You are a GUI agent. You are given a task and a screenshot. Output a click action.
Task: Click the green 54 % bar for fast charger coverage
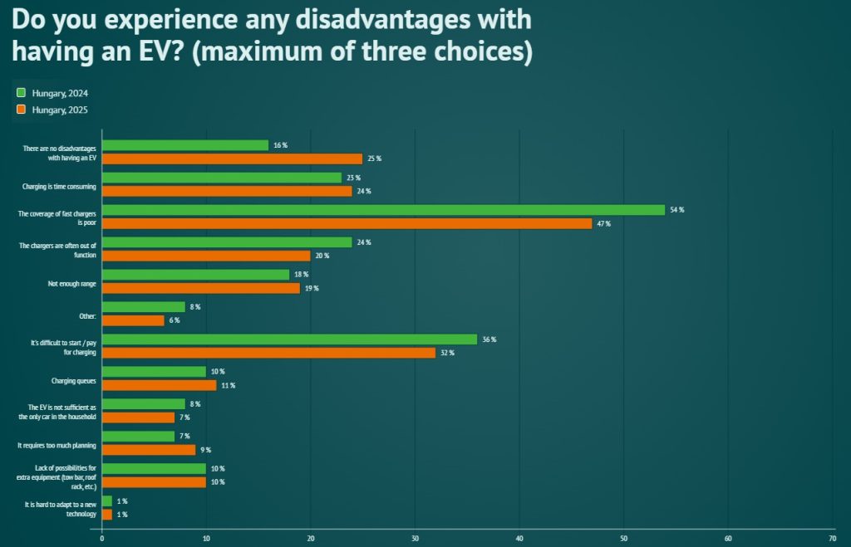(x=383, y=210)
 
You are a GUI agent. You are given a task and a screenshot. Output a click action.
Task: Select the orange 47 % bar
(x=347, y=223)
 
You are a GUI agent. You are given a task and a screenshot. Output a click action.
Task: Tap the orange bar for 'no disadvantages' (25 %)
(x=232, y=159)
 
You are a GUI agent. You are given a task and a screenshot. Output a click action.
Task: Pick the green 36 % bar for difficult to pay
(x=289, y=339)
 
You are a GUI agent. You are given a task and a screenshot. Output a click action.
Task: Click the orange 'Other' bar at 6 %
(x=133, y=320)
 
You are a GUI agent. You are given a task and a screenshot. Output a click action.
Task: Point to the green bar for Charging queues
(x=154, y=372)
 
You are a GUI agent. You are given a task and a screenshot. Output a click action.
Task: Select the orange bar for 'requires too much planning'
(x=149, y=450)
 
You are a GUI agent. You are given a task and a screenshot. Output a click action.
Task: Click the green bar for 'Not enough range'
(x=195, y=275)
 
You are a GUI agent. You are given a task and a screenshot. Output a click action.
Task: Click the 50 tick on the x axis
(x=623, y=538)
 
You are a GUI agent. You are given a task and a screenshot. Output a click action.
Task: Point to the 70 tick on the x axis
(x=832, y=538)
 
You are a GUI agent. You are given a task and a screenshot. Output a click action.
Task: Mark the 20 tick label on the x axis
(x=310, y=538)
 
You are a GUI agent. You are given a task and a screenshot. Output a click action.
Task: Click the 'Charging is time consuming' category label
(x=59, y=186)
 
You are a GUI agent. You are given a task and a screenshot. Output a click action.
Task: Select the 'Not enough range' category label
(x=72, y=283)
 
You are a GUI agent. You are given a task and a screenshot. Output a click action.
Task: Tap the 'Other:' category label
(x=86, y=315)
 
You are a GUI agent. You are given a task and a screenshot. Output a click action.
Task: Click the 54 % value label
(x=676, y=210)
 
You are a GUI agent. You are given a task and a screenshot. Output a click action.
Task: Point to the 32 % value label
(x=447, y=353)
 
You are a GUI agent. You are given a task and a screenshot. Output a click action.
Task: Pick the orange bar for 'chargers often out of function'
(x=205, y=256)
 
